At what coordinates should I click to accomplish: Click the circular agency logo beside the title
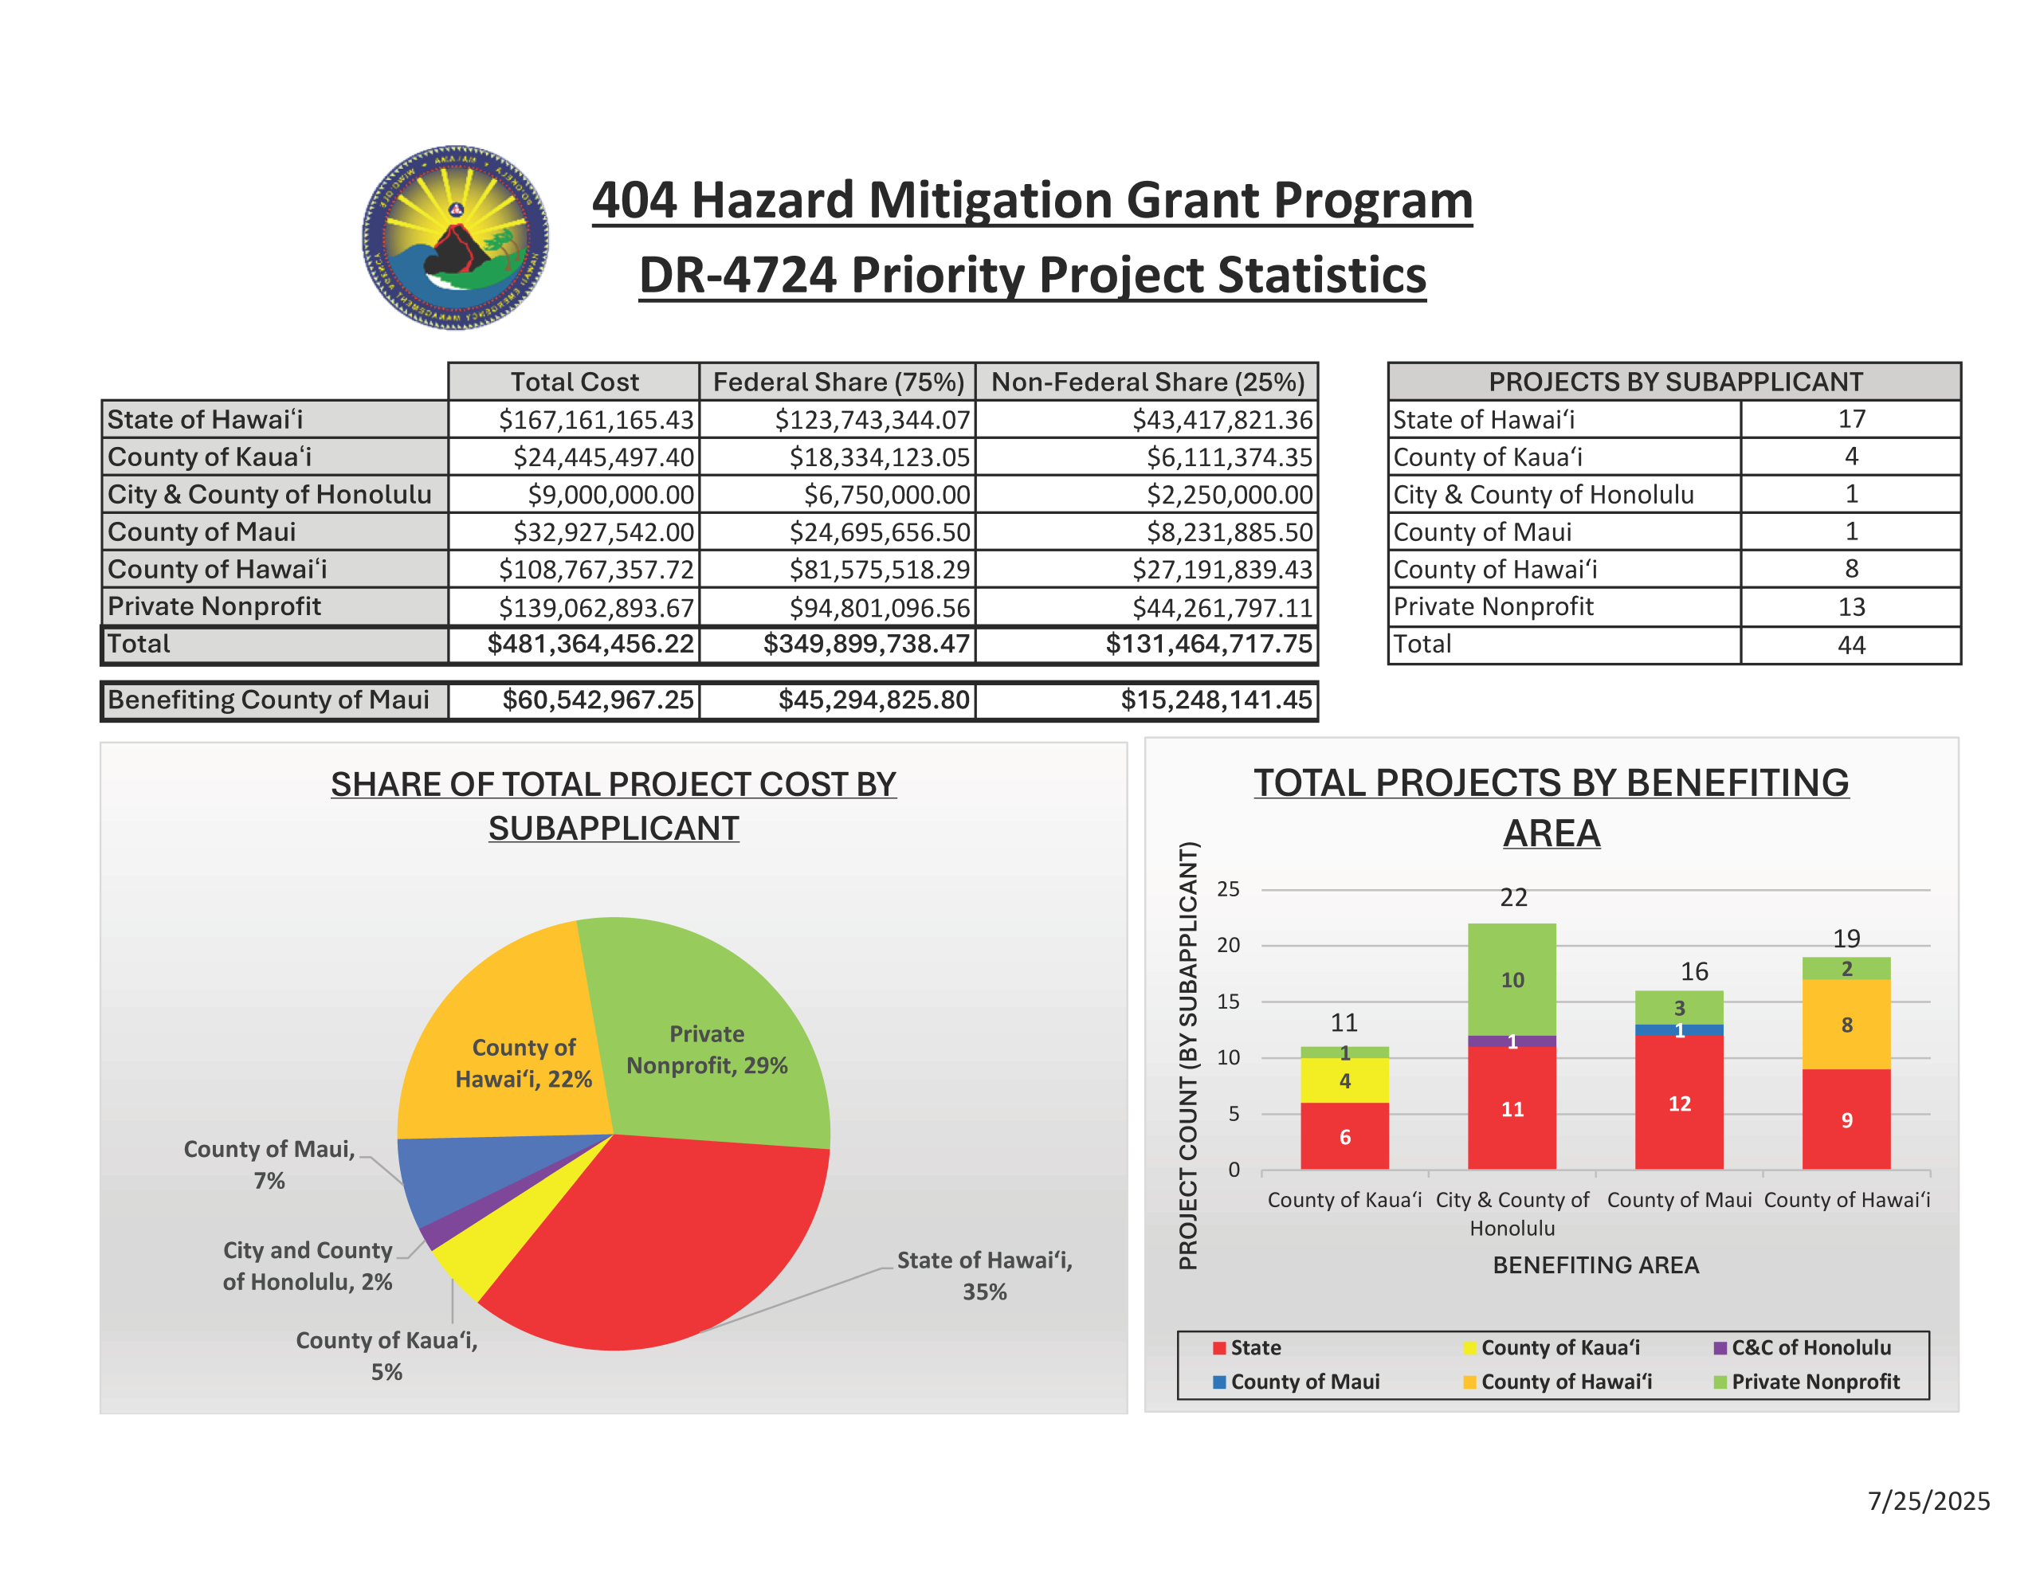click(455, 237)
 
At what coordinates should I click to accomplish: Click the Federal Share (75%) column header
click(838, 382)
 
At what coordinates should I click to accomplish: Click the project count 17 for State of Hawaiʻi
click(1850, 419)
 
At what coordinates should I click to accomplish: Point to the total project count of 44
click(1850, 645)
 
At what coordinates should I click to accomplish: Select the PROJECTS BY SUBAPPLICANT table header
click(1674, 382)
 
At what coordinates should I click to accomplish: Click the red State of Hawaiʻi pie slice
click(654, 1242)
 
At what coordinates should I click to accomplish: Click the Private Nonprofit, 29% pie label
click(706, 1050)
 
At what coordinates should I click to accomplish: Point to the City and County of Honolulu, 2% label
click(308, 1266)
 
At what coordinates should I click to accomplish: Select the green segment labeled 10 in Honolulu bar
click(1512, 979)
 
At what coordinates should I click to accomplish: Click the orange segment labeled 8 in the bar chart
click(1846, 1025)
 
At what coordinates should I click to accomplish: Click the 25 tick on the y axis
click(1228, 889)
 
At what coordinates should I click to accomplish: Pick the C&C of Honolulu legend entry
click(1803, 1347)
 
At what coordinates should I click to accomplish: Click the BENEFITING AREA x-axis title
click(1595, 1265)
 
